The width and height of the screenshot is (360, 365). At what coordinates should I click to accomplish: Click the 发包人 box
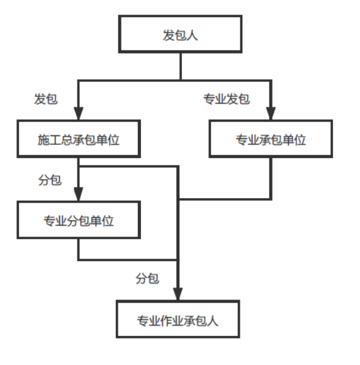coord(180,34)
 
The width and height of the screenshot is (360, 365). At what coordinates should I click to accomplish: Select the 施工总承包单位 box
coord(79,138)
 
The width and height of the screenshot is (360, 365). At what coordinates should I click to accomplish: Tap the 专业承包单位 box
coord(271,138)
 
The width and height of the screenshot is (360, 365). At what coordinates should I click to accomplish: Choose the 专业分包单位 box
coord(79,220)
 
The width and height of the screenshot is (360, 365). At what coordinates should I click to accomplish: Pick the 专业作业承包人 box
coord(178,319)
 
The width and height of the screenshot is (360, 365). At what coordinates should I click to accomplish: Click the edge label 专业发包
coord(227,99)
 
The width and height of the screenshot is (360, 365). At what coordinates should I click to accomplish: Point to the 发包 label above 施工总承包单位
coord(46,99)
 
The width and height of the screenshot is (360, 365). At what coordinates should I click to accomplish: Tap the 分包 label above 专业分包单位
coord(50,180)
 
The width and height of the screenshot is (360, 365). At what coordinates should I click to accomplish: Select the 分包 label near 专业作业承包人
coord(147,278)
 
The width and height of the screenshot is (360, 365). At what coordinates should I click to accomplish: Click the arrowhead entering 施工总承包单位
coord(79,113)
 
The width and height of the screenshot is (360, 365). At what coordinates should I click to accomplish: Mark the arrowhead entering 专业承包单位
coord(271,113)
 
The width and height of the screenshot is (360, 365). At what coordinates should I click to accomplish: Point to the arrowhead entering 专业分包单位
coord(79,194)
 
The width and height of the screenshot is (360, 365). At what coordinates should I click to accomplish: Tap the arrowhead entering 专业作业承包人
coord(177,294)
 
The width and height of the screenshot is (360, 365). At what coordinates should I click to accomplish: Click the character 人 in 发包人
coord(192,35)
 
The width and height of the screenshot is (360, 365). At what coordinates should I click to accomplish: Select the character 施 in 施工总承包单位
coord(43,140)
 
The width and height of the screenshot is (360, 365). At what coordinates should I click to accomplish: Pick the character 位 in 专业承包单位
coord(300,140)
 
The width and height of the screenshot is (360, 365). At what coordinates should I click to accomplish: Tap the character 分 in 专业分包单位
coord(73,221)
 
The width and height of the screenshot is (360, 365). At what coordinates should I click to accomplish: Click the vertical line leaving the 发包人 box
coord(181,67)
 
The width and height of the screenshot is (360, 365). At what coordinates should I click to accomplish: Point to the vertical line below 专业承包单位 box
coord(271,178)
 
